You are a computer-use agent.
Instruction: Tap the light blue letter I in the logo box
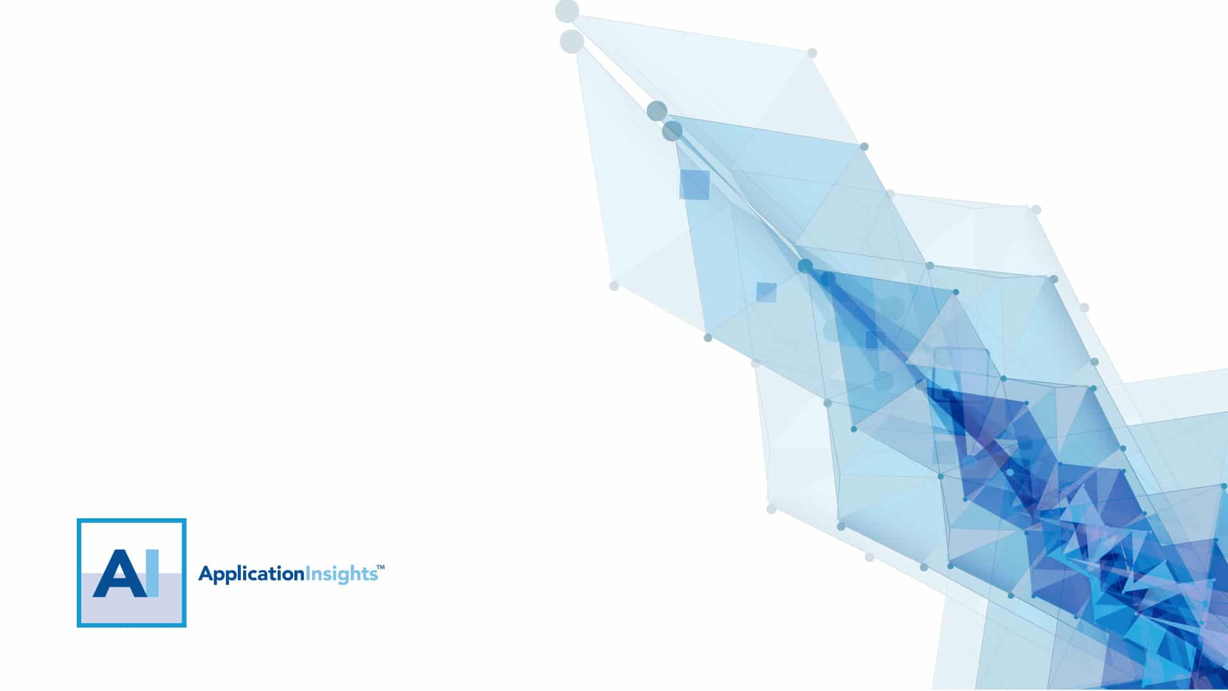153,573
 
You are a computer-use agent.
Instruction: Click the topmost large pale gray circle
567,12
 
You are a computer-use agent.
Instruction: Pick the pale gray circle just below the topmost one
572,42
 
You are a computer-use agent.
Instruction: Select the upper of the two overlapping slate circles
657,111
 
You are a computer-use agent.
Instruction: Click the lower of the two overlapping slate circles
672,131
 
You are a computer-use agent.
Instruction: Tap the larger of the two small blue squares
695,185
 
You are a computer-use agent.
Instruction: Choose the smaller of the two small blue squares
766,292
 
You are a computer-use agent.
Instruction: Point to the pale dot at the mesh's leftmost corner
614,285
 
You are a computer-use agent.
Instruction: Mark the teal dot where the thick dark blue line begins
805,266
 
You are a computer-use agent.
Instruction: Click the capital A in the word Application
205,573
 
